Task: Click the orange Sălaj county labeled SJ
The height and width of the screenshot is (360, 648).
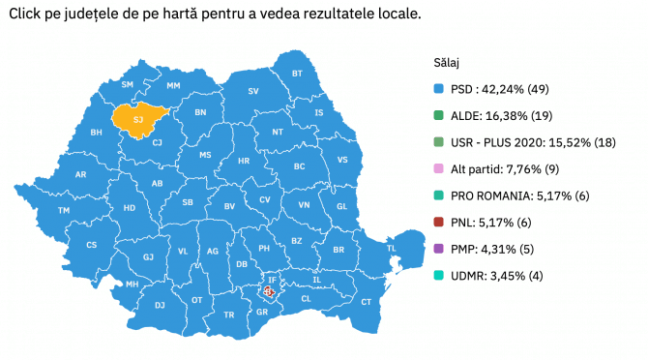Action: point(138,119)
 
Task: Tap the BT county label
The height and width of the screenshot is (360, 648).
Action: point(297,74)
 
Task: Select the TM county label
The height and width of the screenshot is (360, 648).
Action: point(64,210)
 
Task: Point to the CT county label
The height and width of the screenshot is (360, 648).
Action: point(366,303)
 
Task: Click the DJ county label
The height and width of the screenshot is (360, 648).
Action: point(160,305)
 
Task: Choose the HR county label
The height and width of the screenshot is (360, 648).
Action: point(244,161)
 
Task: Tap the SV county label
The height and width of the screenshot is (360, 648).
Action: point(254,91)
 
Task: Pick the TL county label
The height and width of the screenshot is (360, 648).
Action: point(392,249)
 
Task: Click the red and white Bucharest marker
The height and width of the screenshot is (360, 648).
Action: point(270,289)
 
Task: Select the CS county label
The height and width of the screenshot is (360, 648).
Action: point(92,245)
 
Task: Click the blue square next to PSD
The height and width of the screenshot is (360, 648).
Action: point(439,89)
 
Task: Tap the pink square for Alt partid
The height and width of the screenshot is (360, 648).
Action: point(439,168)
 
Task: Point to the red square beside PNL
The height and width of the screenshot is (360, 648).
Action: point(439,222)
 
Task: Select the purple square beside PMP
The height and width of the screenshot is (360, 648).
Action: point(439,249)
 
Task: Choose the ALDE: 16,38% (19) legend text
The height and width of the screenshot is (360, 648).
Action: point(497,115)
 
